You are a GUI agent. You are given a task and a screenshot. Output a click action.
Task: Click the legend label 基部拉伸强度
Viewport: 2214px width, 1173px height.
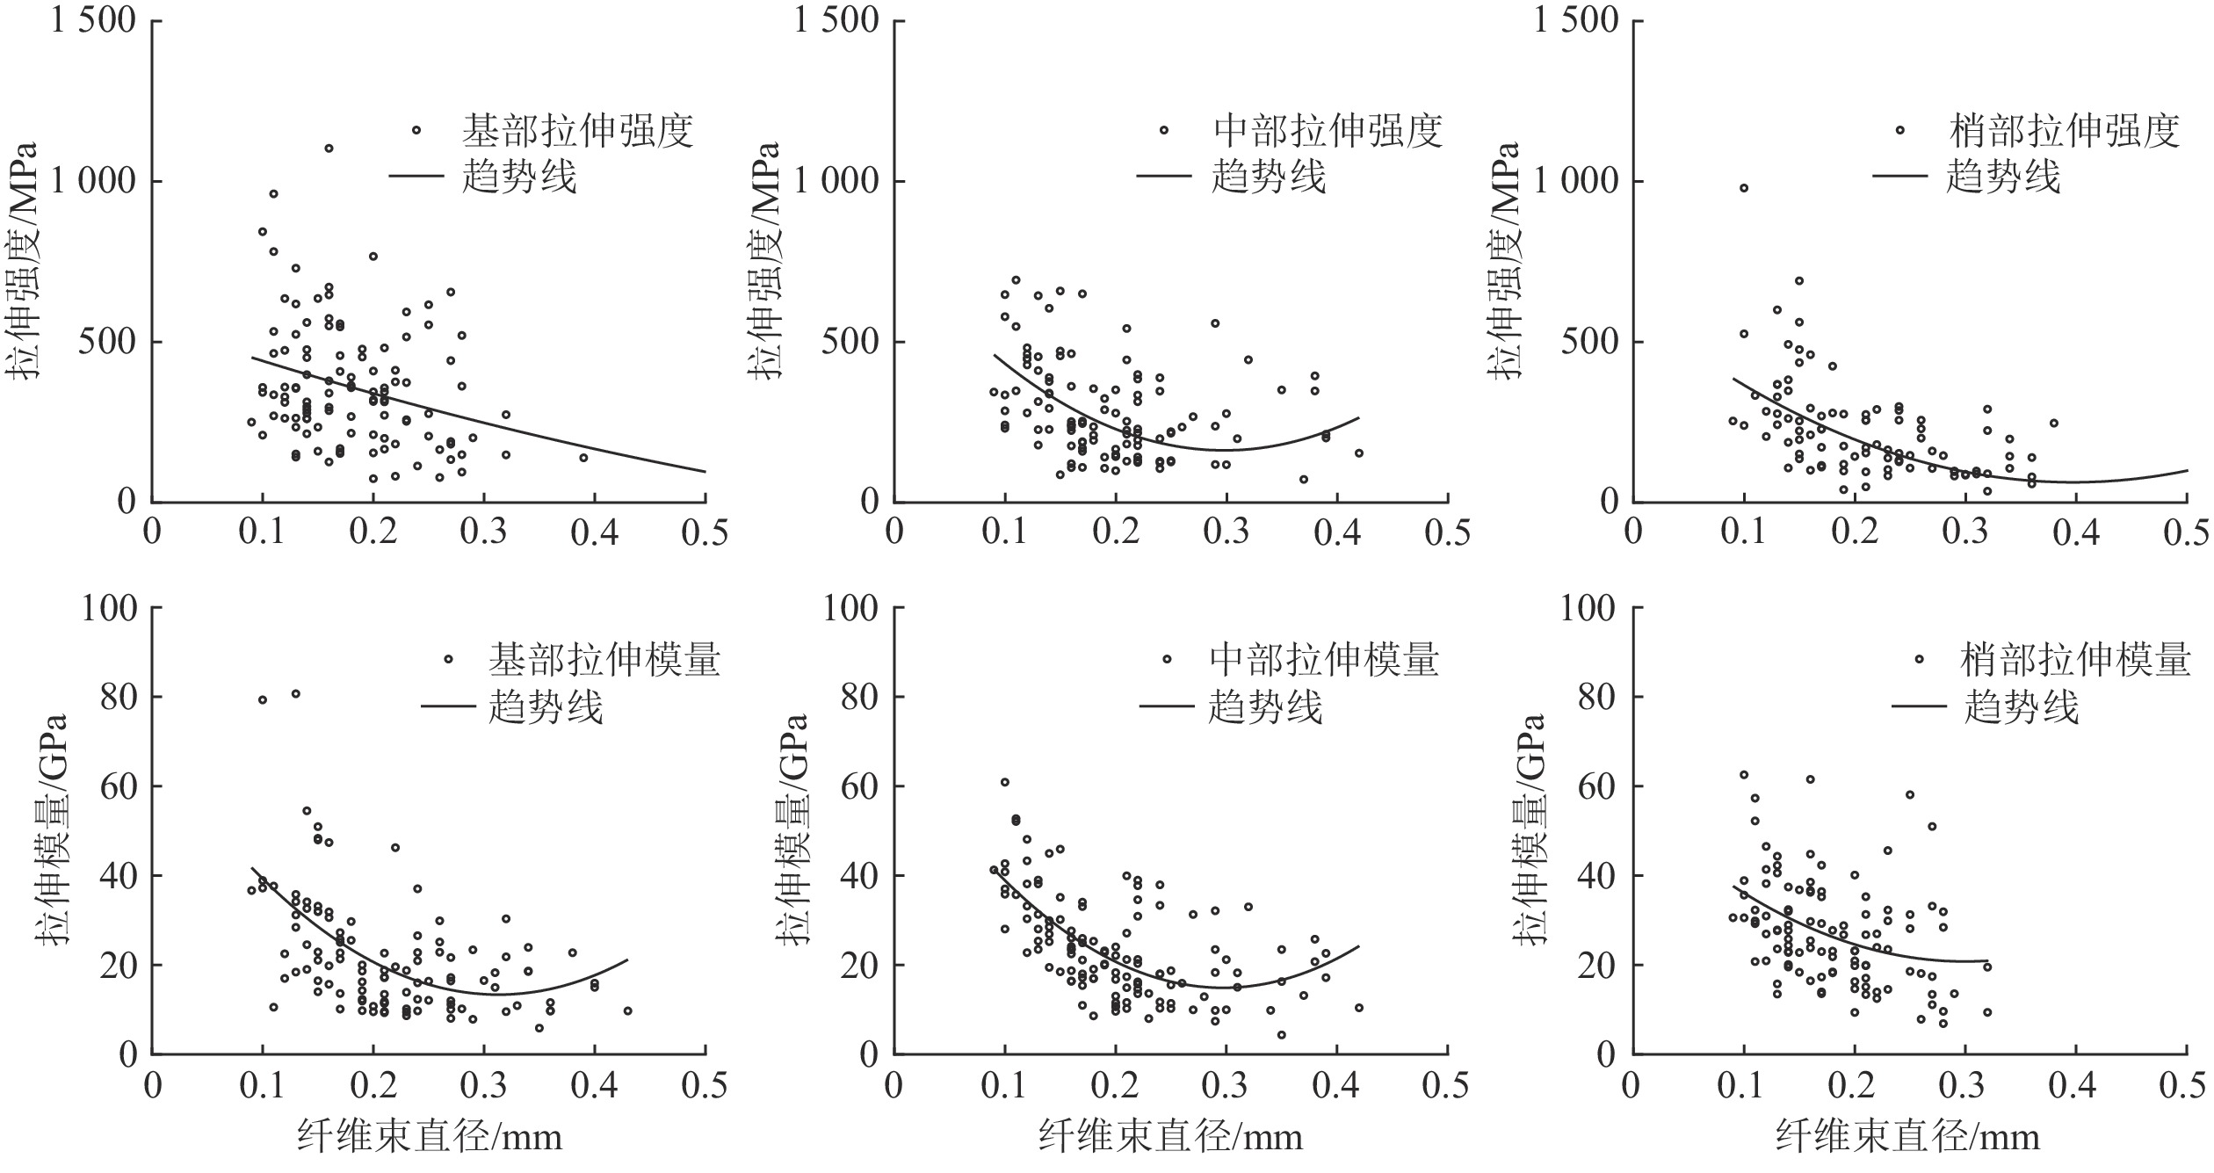click(x=577, y=131)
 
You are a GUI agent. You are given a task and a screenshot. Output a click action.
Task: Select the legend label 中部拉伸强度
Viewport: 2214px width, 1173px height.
click(x=1328, y=131)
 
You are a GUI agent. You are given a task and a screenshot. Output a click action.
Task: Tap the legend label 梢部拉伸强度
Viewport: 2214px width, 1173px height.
click(x=2064, y=131)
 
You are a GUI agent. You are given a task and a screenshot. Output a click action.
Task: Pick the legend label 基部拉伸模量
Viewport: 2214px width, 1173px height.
click(x=604, y=659)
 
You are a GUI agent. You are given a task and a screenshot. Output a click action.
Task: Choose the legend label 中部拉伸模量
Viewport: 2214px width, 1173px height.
click(x=1324, y=659)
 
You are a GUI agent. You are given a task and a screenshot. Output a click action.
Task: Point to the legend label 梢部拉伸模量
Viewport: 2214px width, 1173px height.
click(x=2075, y=659)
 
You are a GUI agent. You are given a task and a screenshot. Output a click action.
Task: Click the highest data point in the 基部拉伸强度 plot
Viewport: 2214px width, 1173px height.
click(x=329, y=148)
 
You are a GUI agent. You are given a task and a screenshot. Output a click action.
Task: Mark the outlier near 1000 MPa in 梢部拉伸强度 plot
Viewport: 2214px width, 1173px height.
click(x=1744, y=188)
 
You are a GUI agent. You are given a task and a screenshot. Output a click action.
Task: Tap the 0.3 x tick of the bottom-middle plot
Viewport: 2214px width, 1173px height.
click(x=1226, y=1086)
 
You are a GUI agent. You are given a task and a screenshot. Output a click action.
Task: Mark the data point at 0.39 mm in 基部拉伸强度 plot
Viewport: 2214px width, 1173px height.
click(x=583, y=458)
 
